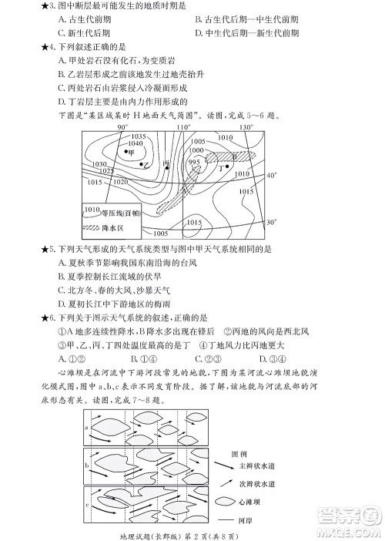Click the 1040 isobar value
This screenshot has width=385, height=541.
click(x=135, y=143)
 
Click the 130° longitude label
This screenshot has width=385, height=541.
click(x=246, y=126)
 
